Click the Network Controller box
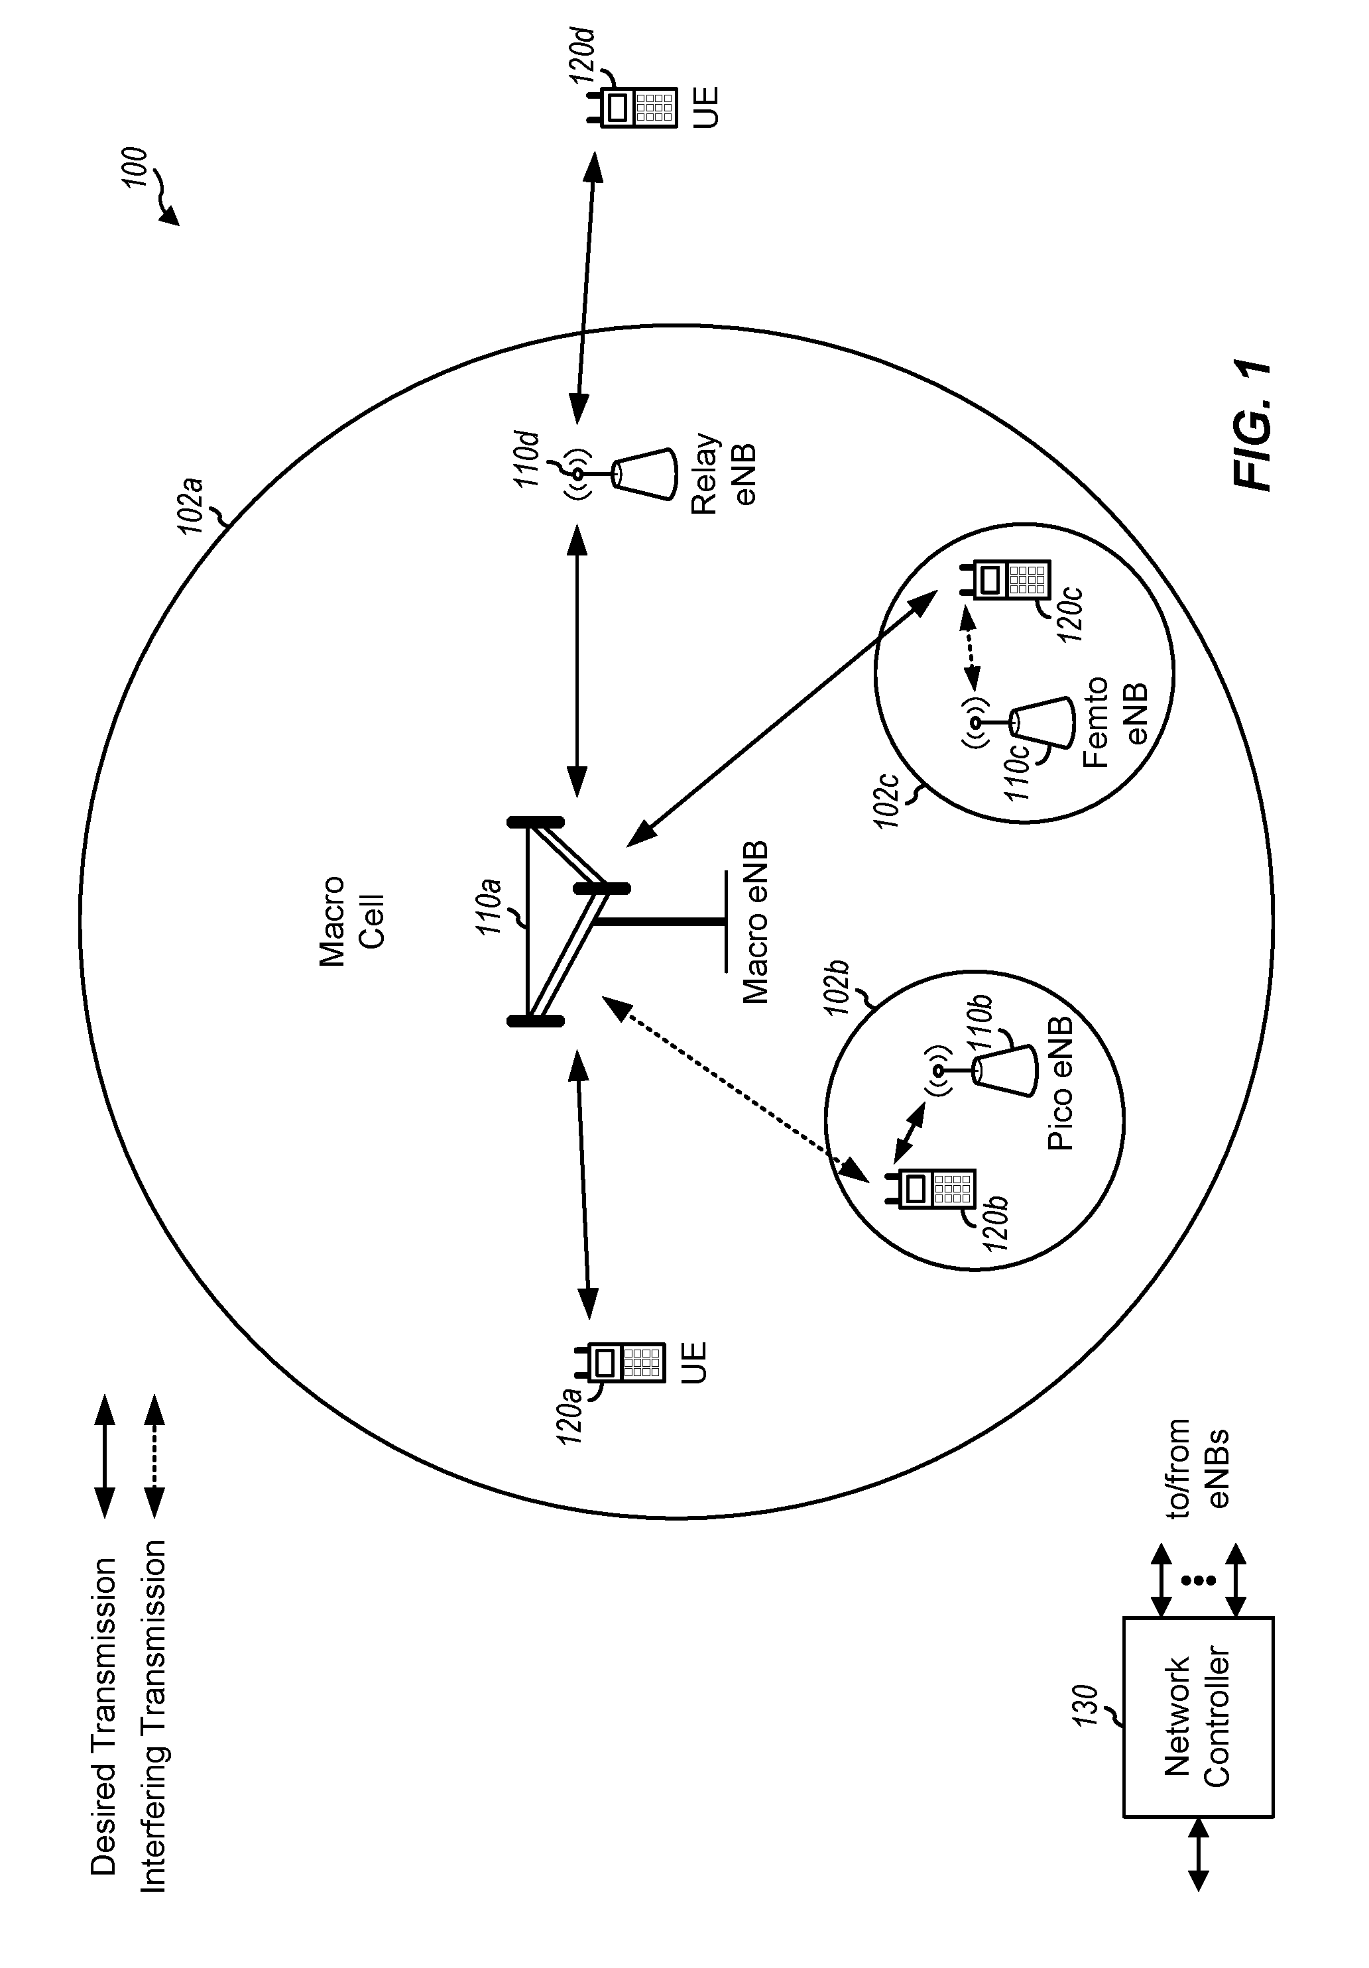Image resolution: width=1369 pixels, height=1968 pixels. tap(1197, 1715)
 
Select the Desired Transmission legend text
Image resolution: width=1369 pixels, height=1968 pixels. tap(103, 1706)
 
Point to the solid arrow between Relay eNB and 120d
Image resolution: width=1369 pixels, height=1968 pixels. tap(585, 287)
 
